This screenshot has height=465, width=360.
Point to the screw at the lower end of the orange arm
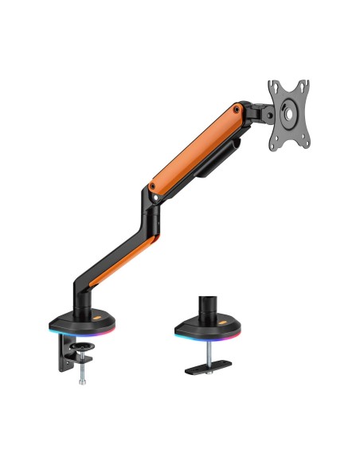(x=151, y=190)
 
